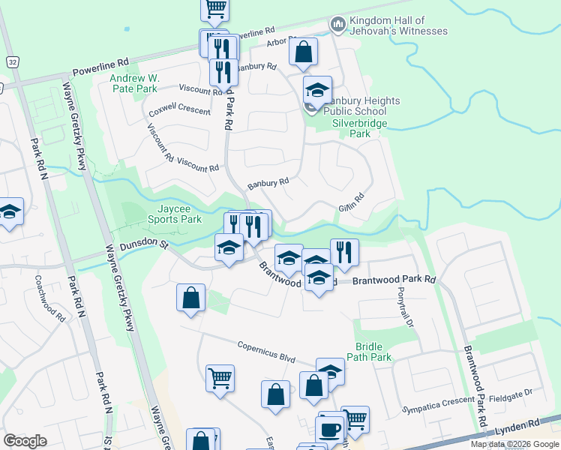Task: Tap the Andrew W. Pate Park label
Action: [x=134, y=82]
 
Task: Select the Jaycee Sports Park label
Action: [x=169, y=214]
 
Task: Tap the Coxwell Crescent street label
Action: [x=179, y=110]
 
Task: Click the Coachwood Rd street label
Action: [x=49, y=297]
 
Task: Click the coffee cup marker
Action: [x=328, y=428]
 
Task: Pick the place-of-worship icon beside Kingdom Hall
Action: [x=337, y=25]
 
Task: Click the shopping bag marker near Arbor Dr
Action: [x=303, y=52]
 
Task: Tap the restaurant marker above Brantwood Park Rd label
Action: [x=343, y=251]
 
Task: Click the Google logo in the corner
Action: [x=25, y=441]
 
